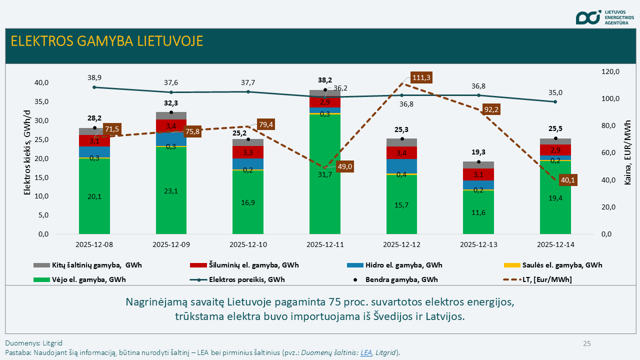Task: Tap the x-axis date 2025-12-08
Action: pos(94,245)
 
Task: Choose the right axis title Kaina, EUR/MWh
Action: pos(628,152)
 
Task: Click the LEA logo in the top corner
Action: pos(588,17)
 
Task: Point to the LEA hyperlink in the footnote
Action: pos(365,352)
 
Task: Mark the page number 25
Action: pos(586,343)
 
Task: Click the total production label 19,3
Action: pos(478,152)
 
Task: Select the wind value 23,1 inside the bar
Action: pos(171,190)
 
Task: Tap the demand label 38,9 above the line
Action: pos(94,78)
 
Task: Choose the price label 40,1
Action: pos(567,179)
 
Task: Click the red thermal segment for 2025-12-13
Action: pos(478,174)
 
